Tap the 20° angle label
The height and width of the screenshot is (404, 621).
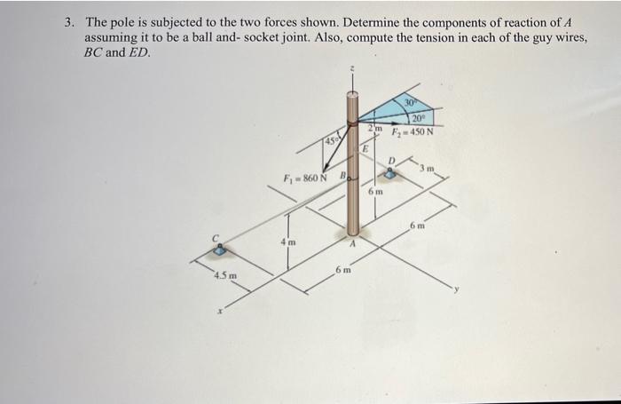pyautogui.click(x=419, y=117)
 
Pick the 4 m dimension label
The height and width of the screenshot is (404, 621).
pyautogui.click(x=288, y=242)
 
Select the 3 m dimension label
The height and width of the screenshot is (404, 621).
pyautogui.click(x=428, y=168)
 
